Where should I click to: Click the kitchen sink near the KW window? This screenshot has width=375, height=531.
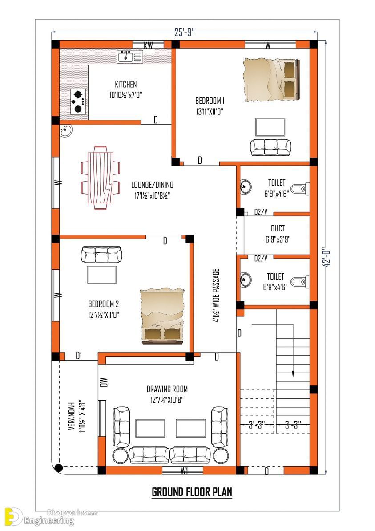click(x=130, y=56)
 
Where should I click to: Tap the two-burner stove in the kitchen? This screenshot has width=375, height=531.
click(x=78, y=101)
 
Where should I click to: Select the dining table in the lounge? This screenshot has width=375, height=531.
click(x=101, y=178)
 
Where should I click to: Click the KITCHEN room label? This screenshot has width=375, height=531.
click(x=126, y=84)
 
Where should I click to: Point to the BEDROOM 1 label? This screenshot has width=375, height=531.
click(x=210, y=101)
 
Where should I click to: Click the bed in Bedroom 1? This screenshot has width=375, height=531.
click(x=272, y=80)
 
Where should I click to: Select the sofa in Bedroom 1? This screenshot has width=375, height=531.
click(x=270, y=147)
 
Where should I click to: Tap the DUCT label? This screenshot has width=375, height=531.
click(x=278, y=228)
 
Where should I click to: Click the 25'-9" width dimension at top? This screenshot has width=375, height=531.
click(x=185, y=32)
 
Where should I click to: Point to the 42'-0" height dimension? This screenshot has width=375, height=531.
click(x=326, y=257)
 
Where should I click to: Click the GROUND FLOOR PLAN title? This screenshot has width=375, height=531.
click(x=192, y=492)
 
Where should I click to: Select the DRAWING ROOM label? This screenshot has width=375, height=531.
click(x=167, y=389)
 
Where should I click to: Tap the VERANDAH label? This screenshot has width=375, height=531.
click(x=72, y=416)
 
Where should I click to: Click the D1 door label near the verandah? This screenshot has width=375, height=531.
click(x=79, y=356)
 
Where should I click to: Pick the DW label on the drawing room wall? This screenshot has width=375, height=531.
click(x=104, y=382)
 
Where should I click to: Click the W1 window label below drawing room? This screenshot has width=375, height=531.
click(x=184, y=470)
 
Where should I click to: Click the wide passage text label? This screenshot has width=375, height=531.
click(x=216, y=295)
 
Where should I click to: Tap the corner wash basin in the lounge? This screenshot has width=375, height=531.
click(x=65, y=131)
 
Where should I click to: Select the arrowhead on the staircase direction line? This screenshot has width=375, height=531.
click(x=293, y=373)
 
